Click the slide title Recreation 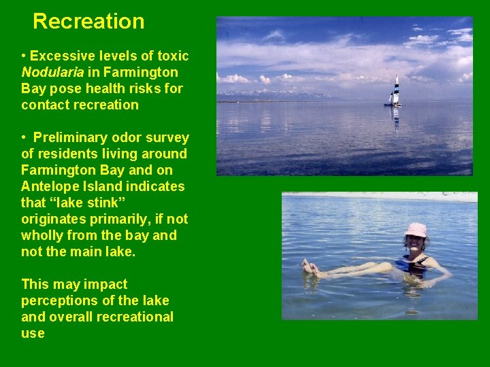(x=88, y=21)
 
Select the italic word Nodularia (x=52, y=72)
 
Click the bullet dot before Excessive (x=24, y=56)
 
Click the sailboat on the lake (x=394, y=92)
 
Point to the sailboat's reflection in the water (x=395, y=117)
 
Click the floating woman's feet (x=310, y=267)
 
